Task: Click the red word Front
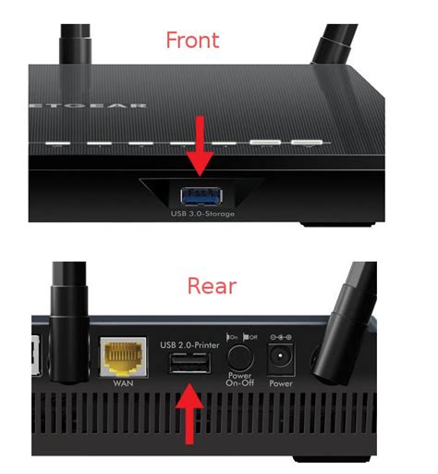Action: (205, 41)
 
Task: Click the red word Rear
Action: (211, 285)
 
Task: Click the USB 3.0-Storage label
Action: (202, 215)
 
